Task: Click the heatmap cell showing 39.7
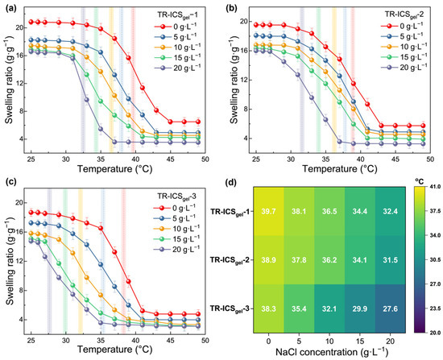point(269,211)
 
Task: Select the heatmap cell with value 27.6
point(390,308)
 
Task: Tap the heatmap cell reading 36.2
point(329,259)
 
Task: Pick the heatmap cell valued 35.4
point(299,308)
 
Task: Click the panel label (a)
point(10,7)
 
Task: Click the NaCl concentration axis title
point(329,352)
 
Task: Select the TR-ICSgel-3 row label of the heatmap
point(229,308)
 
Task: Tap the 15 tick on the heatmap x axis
point(360,340)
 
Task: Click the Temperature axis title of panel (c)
point(114,350)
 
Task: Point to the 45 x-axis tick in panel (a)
point(171,159)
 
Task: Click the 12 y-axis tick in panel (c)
point(23,261)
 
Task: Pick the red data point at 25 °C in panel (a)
point(31,22)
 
